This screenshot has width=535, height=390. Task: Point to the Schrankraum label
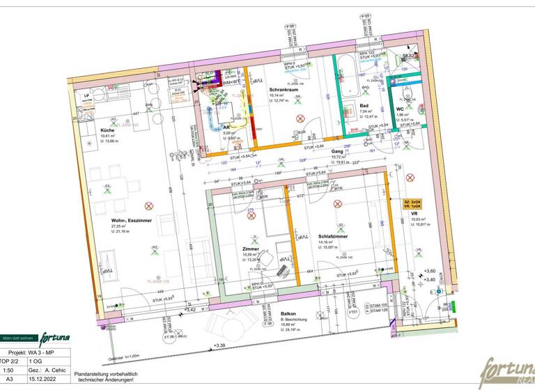coord(284,90)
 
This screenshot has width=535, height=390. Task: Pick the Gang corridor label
coord(337,151)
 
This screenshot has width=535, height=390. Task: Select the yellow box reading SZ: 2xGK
coord(412,201)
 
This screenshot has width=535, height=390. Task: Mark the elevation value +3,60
coord(430,271)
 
